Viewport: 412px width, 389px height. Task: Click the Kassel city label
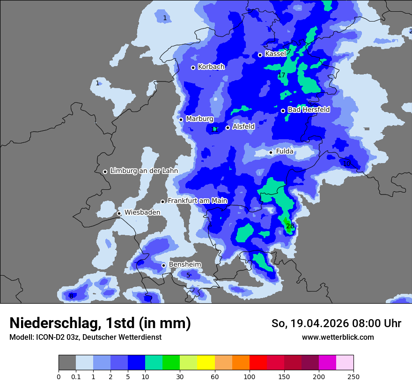pos(275,54)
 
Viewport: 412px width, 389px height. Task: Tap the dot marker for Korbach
pos(193,67)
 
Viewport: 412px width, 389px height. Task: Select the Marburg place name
pos(199,119)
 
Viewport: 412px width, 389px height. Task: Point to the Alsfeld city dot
pos(228,127)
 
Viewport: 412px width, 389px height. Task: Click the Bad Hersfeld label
pos(309,110)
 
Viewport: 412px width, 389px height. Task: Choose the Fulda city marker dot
pos(271,152)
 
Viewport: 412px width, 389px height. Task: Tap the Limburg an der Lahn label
pos(144,171)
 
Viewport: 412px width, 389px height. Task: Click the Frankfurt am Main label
pos(197,201)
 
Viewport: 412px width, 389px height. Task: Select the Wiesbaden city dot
pos(119,213)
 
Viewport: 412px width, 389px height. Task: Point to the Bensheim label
pos(185,264)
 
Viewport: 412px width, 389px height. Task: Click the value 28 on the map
pos(290,226)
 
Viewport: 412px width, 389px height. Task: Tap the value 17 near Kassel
pos(281,75)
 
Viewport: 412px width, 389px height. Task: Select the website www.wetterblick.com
pos(338,337)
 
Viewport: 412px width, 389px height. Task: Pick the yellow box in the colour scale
pos(206,363)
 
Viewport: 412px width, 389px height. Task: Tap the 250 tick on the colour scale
pos(353,376)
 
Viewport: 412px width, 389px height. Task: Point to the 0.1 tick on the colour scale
pos(76,376)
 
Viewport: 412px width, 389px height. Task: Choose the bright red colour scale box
pos(258,363)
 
